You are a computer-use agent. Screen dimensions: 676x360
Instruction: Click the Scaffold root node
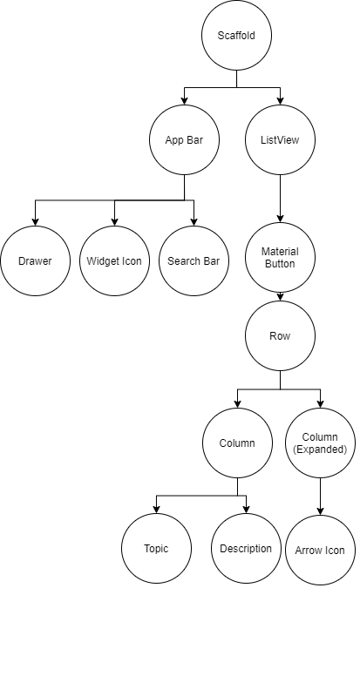pyautogui.click(x=236, y=36)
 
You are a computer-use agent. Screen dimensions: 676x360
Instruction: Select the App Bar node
pyautogui.click(x=183, y=139)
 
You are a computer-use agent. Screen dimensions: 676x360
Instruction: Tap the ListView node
pyautogui.click(x=280, y=139)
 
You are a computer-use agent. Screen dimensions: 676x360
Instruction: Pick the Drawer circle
pyautogui.click(x=35, y=260)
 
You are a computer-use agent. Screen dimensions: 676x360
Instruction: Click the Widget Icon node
pyautogui.click(x=114, y=260)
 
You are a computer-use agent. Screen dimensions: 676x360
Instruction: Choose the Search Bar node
pyautogui.click(x=194, y=260)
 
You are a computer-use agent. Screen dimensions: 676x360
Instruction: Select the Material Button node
pyautogui.click(x=280, y=257)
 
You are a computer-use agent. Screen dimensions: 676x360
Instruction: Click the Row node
pyautogui.click(x=280, y=335)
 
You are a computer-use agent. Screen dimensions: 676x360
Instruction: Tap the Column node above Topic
pyautogui.click(x=236, y=443)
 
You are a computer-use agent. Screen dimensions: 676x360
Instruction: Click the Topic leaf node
pyautogui.click(x=156, y=549)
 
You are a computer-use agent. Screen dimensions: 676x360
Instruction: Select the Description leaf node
pyautogui.click(x=247, y=549)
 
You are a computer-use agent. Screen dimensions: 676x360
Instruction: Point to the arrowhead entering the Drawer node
pyautogui.click(x=35, y=221)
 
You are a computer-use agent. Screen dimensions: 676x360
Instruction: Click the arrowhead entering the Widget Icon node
pyautogui.click(x=114, y=221)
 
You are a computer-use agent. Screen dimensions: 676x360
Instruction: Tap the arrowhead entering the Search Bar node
pyautogui.click(x=194, y=221)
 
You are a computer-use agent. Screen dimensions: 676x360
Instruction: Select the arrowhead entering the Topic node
pyautogui.click(x=156, y=510)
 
